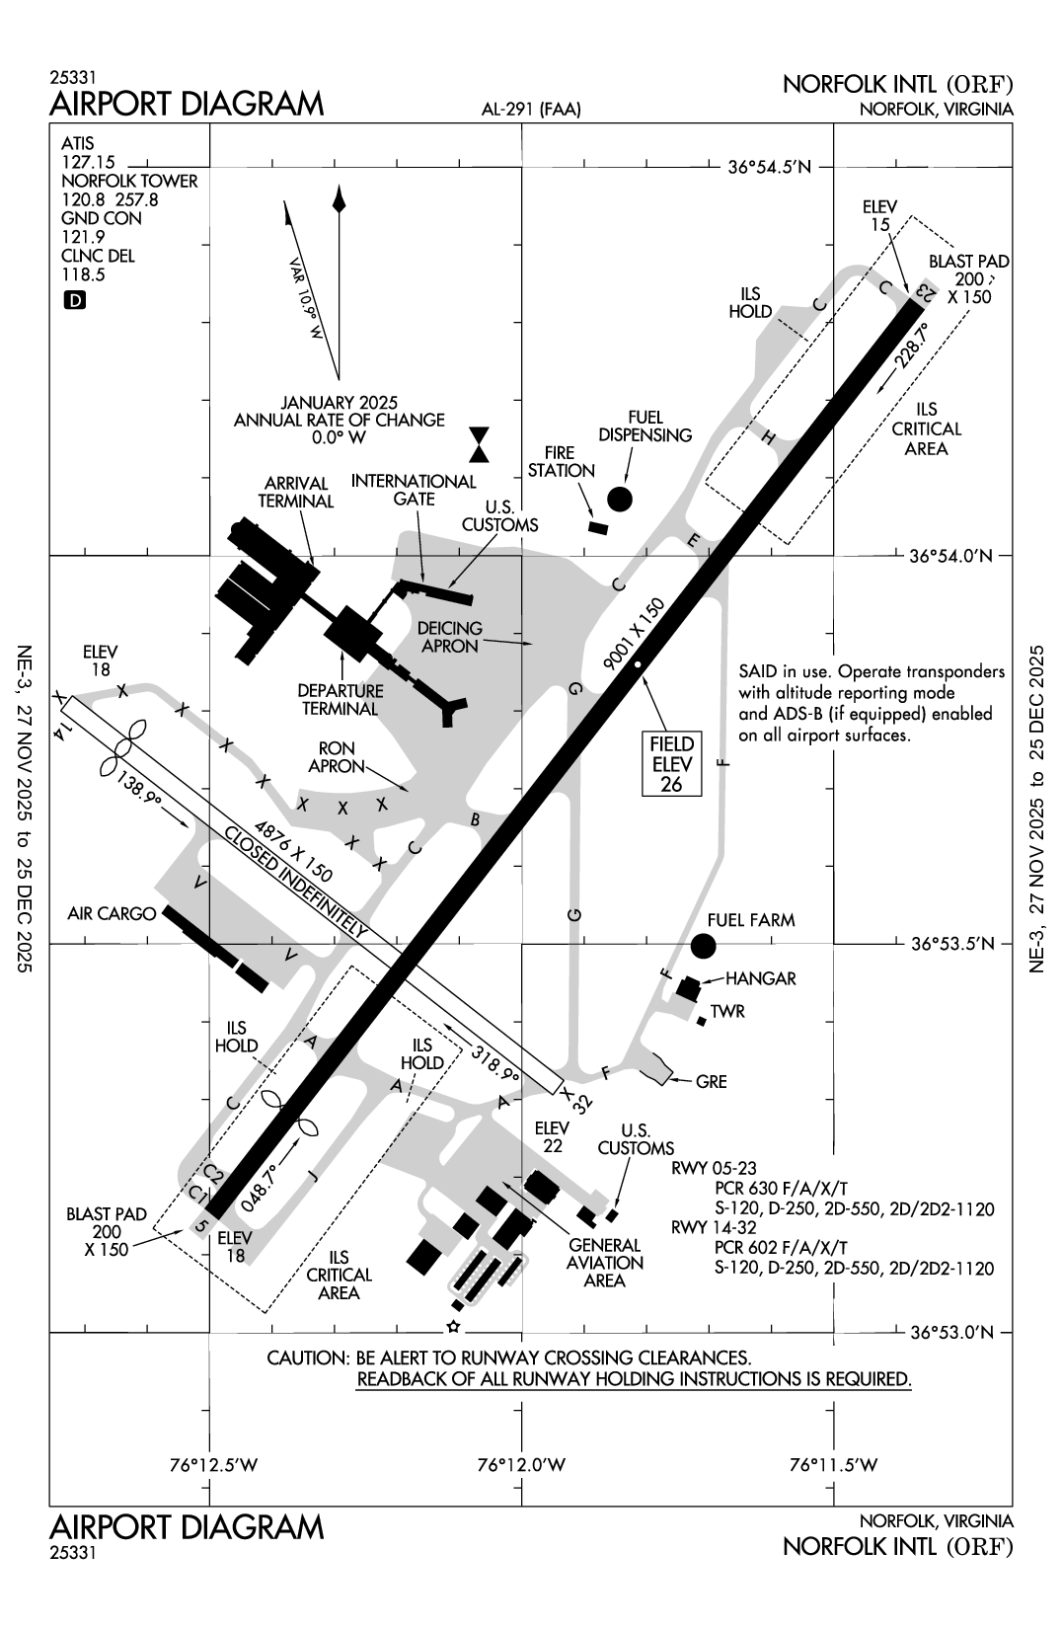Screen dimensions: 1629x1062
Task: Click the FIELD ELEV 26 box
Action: click(x=672, y=764)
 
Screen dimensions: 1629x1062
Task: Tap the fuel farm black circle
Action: click(x=703, y=946)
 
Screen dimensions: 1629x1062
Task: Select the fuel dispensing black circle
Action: click(x=619, y=499)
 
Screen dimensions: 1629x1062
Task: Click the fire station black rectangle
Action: click(x=596, y=528)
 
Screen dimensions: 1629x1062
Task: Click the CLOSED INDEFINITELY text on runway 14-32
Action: click(x=296, y=881)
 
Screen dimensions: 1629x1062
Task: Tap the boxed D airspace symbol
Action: click(x=74, y=300)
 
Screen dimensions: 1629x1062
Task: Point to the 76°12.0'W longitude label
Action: click(x=521, y=1465)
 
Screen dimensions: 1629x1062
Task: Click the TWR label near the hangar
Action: click(x=727, y=1012)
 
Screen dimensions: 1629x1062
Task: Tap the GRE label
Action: click(x=711, y=1081)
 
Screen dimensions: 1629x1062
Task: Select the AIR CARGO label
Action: click(x=112, y=914)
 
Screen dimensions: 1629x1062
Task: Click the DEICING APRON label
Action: click(x=449, y=637)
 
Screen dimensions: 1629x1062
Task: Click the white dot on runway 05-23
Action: click(x=639, y=665)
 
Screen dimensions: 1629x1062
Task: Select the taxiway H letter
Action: click(x=770, y=437)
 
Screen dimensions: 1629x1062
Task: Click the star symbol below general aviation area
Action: click(x=453, y=1326)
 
